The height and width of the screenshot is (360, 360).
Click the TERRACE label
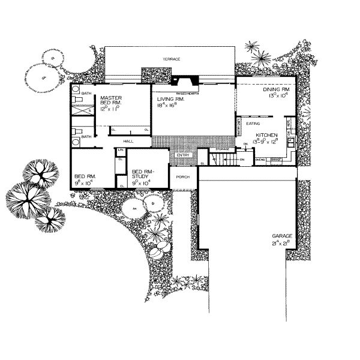172,59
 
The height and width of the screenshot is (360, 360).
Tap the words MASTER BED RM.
112,100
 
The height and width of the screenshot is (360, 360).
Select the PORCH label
183,177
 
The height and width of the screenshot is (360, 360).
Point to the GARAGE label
281,236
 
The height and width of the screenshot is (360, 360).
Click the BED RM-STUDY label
142,173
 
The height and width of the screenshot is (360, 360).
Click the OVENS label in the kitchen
260,160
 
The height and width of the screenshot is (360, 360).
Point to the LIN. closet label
121,149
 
